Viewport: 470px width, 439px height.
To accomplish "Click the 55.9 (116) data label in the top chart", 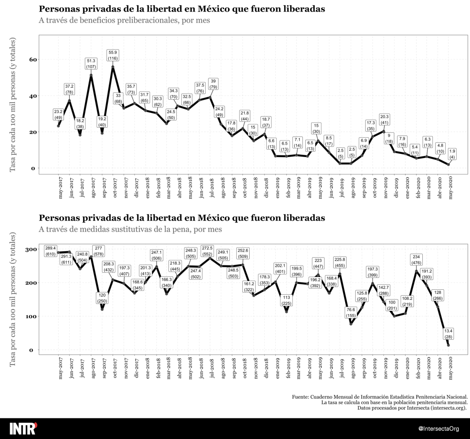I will click(x=113, y=55).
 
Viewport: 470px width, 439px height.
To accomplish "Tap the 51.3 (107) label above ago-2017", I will click(x=91, y=64).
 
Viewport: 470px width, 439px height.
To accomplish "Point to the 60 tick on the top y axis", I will click(x=33, y=59).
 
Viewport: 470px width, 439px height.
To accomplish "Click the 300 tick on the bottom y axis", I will click(x=31, y=249).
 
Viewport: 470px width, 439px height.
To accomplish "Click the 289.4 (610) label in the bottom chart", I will click(x=51, y=251).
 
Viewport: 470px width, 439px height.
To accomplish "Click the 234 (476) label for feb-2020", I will click(x=417, y=260).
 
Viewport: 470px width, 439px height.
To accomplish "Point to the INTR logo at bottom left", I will click(x=23, y=428).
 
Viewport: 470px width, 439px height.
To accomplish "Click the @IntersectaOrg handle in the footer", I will click(x=439, y=429).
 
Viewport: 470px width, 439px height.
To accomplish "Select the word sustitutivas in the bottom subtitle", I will click(x=130, y=229).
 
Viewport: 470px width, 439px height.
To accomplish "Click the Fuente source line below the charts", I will click(x=380, y=396).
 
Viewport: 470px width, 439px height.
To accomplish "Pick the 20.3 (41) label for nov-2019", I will click(x=385, y=119).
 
